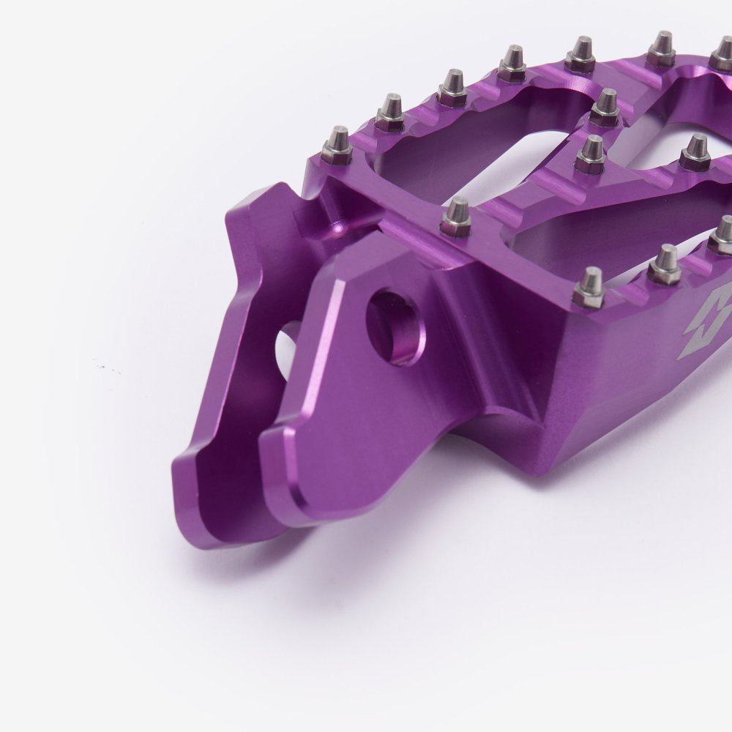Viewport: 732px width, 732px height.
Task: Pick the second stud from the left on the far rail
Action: tap(391, 113)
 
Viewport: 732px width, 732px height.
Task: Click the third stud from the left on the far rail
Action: tap(452, 88)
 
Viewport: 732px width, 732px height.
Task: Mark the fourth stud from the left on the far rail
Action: tap(512, 63)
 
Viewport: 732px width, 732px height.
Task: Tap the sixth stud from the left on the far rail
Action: tap(661, 49)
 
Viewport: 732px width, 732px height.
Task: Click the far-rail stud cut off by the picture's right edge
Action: tap(722, 56)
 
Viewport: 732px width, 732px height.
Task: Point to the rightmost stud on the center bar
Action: tap(695, 153)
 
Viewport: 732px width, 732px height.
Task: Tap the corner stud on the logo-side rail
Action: tap(590, 287)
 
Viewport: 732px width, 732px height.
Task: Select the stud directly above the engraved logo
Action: tap(664, 264)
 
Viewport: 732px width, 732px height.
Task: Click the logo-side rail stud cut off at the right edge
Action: tap(722, 235)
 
